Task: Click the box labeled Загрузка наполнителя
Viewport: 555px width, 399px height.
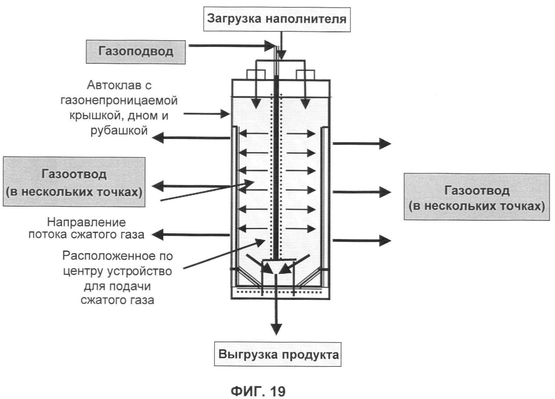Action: [x=277, y=19]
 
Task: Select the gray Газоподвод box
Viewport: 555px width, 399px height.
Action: [x=136, y=52]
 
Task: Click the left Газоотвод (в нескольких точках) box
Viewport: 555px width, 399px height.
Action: [x=74, y=182]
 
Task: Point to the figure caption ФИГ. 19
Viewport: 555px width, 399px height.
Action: [x=258, y=391]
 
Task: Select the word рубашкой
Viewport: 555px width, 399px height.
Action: [x=119, y=130]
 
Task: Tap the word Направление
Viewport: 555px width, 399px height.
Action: [x=86, y=222]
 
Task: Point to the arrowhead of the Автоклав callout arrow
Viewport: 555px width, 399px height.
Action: [x=225, y=114]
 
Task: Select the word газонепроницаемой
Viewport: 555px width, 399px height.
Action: [x=119, y=101]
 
